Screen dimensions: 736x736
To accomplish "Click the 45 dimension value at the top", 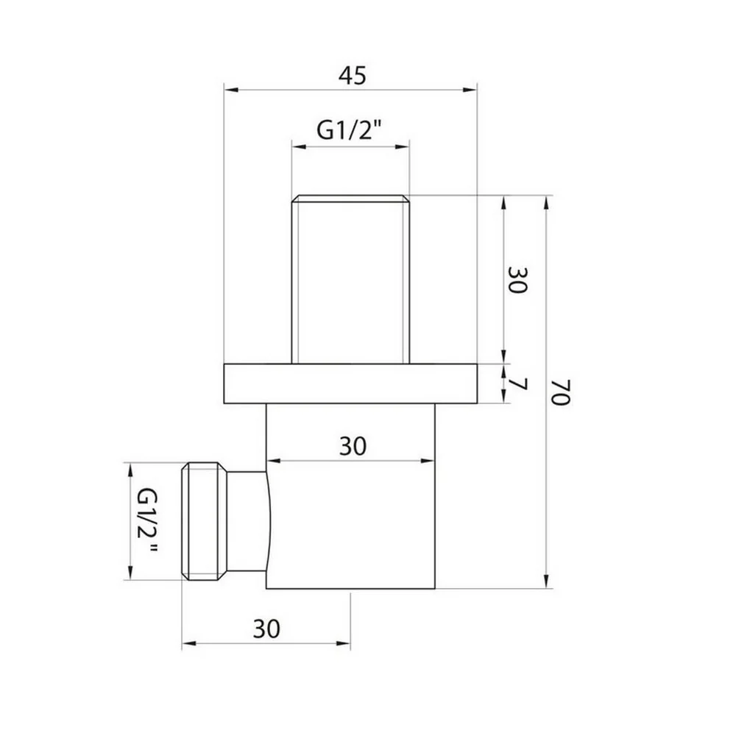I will (x=350, y=76).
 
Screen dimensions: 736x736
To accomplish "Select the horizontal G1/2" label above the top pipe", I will (x=351, y=131).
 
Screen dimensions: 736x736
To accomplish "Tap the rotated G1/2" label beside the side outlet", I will (x=148, y=521).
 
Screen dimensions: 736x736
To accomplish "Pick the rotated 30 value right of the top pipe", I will (x=517, y=280).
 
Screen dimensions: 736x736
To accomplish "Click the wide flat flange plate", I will (x=350, y=383).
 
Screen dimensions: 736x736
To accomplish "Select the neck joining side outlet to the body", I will (x=247, y=521).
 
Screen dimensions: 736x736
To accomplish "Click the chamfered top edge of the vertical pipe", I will (x=350, y=198).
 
